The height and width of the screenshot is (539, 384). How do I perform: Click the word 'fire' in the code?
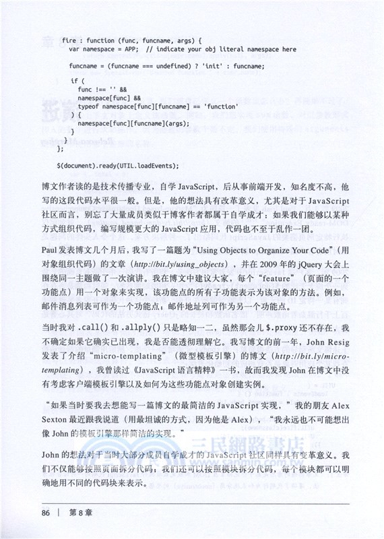[x=68, y=40]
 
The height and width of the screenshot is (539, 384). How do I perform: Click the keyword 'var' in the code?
[x=75, y=49]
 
